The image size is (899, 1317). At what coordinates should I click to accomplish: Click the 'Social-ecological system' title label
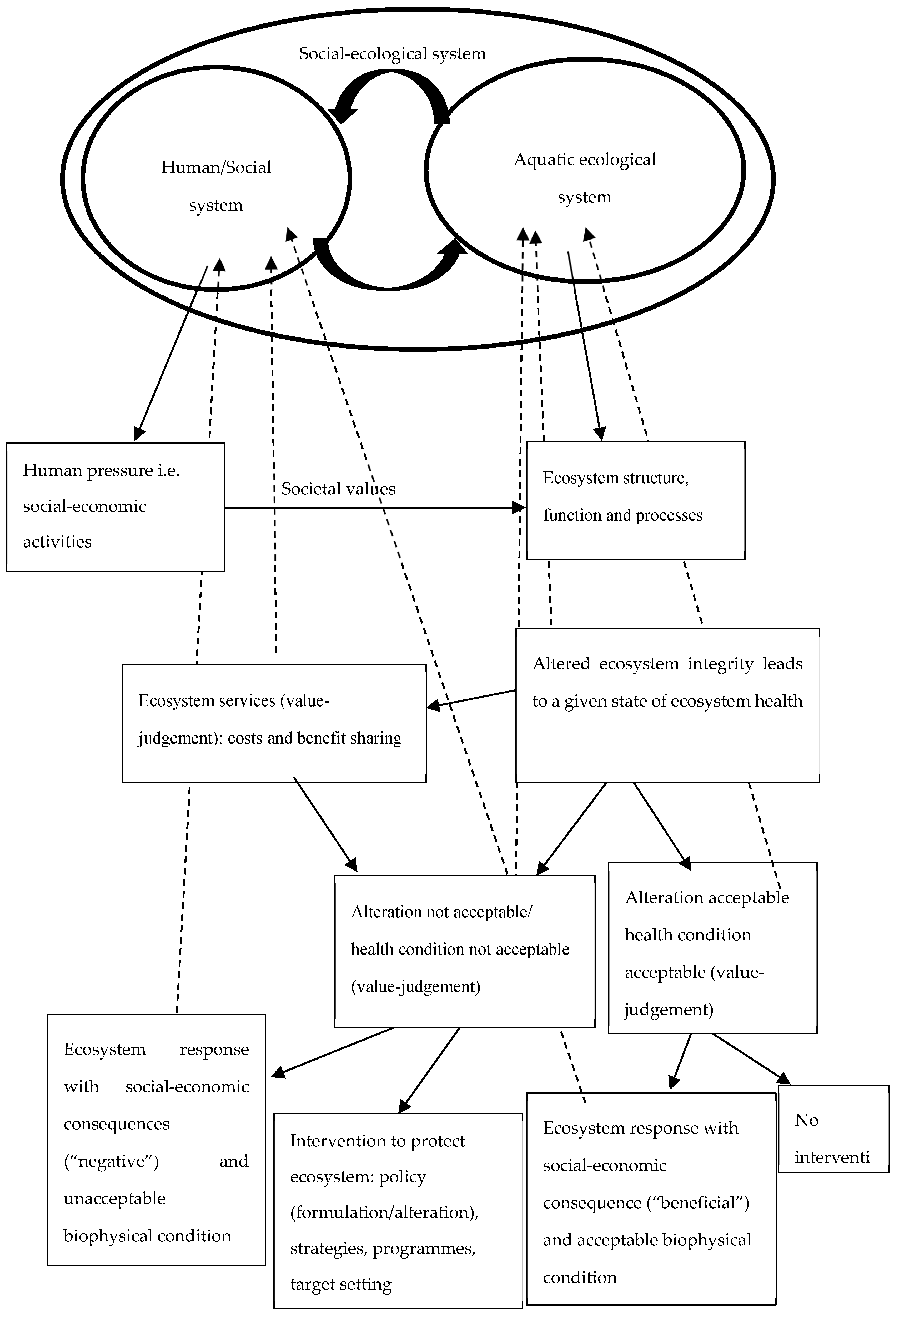pyautogui.click(x=392, y=54)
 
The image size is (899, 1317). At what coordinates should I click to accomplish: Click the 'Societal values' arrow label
pyautogui.click(x=338, y=489)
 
